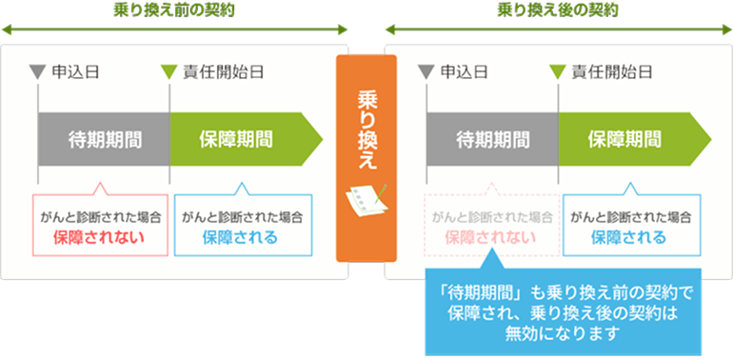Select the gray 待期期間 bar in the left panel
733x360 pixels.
(105, 139)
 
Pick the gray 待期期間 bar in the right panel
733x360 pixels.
(492, 139)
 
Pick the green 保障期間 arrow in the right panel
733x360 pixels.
(627, 139)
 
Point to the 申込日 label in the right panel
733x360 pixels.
(463, 70)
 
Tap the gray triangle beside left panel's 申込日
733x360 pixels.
(38, 70)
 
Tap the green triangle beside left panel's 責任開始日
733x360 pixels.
(169, 70)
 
